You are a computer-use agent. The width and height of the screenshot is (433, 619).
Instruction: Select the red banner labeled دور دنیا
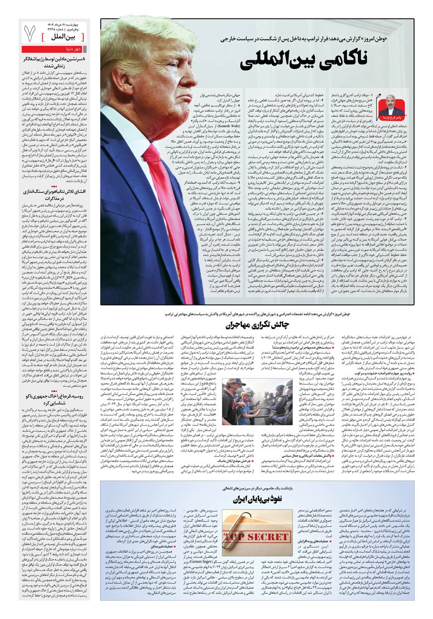pyautogui.click(x=55, y=49)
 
